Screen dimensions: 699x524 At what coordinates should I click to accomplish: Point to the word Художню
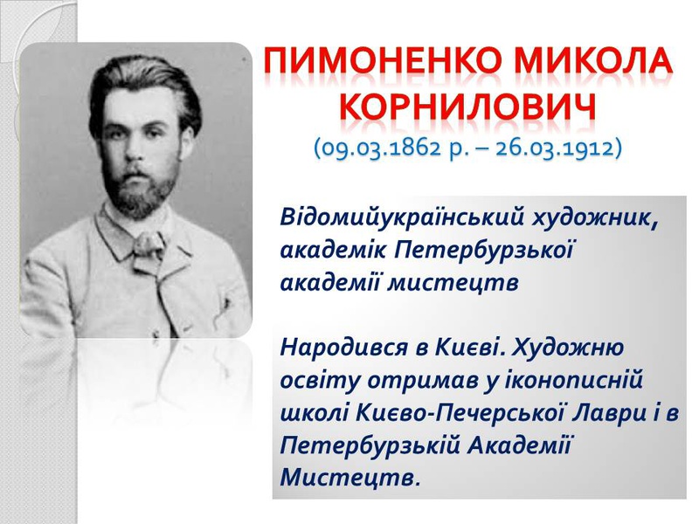pos(568,348)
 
